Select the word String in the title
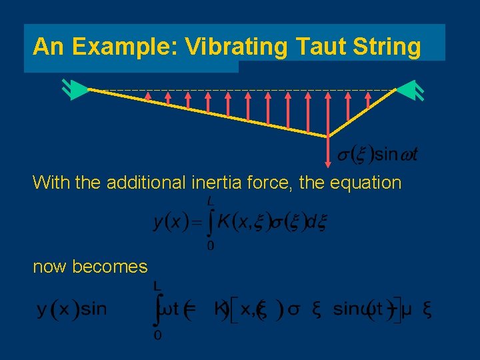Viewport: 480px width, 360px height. tap(386, 47)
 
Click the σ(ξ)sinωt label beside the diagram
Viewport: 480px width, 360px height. tap(376, 155)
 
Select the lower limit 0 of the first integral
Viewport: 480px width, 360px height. tap(211, 247)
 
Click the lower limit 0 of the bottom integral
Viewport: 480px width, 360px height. tap(157, 335)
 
